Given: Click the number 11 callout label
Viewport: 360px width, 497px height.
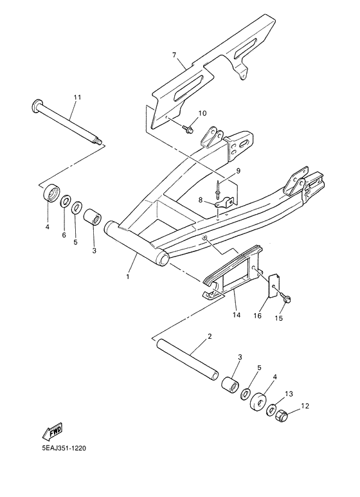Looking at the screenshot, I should coord(77,97).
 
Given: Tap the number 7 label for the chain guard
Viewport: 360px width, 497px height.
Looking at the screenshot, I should coord(174,56).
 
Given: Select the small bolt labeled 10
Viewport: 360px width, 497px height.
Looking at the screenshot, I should coord(188,130).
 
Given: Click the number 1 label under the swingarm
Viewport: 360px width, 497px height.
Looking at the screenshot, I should coord(127,276).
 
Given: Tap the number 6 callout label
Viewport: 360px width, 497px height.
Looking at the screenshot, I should coord(64,235).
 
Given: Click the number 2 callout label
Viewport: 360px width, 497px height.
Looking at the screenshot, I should coord(210,336).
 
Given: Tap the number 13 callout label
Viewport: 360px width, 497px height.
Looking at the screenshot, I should coord(289,393).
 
